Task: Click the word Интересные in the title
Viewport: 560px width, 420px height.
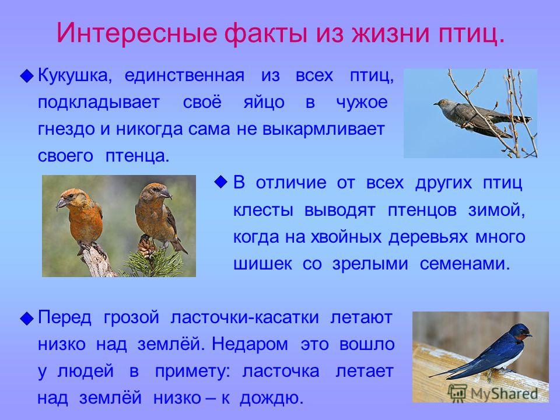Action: pyautogui.click(x=136, y=33)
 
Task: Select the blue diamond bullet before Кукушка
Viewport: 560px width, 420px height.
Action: pyautogui.click(x=27, y=76)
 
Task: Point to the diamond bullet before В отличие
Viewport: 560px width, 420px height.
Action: pyautogui.click(x=221, y=182)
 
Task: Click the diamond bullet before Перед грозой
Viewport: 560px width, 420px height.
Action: pyautogui.click(x=27, y=318)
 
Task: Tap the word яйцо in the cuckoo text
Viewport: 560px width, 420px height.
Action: pyautogui.click(x=264, y=103)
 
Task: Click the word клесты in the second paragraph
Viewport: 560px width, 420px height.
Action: pyautogui.click(x=263, y=210)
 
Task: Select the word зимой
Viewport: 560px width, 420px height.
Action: pyautogui.click(x=496, y=210)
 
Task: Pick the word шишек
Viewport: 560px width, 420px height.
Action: pyautogui.click(x=262, y=264)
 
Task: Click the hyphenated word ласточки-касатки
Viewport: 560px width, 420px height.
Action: pyautogui.click(x=244, y=317)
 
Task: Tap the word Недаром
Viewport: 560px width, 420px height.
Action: pyautogui.click(x=250, y=344)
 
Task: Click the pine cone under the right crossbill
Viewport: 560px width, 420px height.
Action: pyautogui.click(x=146, y=246)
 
